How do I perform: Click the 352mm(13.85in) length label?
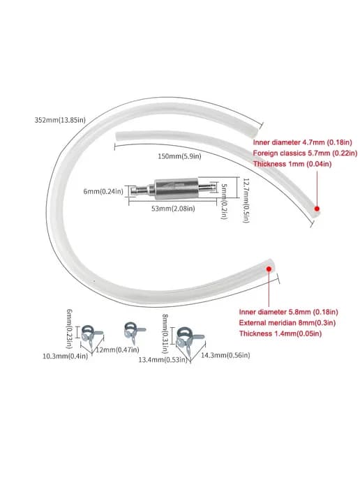click(60, 120)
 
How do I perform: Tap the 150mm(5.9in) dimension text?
click(179, 156)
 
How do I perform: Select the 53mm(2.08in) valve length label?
click(173, 209)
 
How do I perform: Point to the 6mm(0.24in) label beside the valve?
click(103, 192)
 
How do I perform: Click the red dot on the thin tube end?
click(317, 209)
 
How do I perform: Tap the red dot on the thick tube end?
click(269, 269)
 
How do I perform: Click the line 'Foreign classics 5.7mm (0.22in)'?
click(305, 153)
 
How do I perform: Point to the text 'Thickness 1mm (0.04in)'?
click(292, 164)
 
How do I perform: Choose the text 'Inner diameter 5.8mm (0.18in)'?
click(288, 312)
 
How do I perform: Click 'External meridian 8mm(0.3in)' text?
click(287, 322)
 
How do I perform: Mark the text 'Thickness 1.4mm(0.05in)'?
click(280, 333)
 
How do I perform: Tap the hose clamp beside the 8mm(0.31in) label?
click(188, 338)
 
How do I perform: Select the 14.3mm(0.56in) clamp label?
click(225, 355)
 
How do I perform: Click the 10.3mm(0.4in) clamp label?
click(65, 356)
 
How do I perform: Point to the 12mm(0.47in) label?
click(117, 350)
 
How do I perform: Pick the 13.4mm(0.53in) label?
click(163, 359)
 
